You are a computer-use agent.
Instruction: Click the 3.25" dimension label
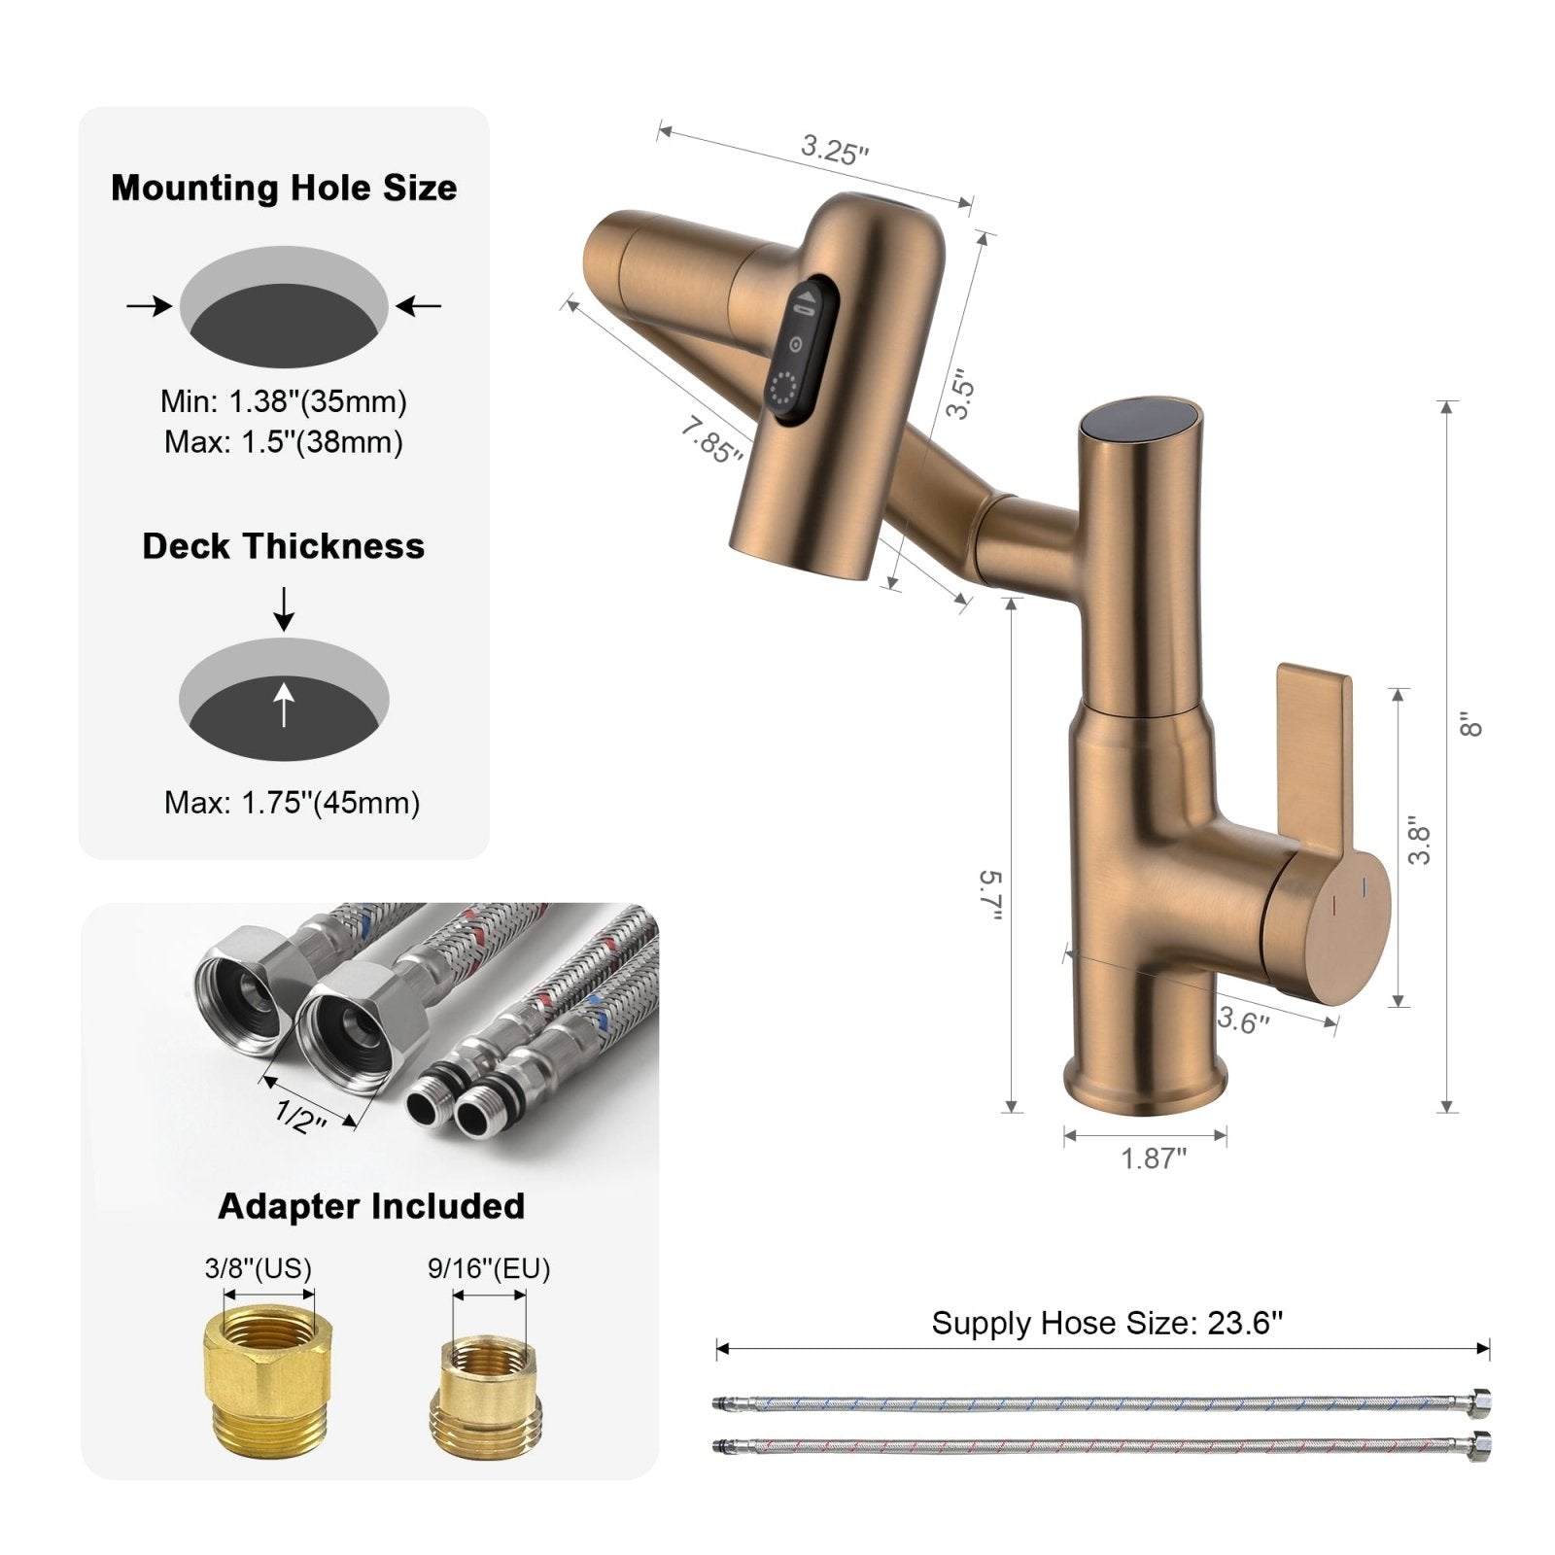834,150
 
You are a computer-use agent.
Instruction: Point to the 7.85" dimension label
711,440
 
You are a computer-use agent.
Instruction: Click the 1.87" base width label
1154,1158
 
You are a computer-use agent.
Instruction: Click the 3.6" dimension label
1243,1020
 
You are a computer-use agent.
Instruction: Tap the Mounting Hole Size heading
284,188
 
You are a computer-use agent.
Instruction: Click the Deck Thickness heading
284,546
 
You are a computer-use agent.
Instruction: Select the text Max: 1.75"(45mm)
293,803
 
